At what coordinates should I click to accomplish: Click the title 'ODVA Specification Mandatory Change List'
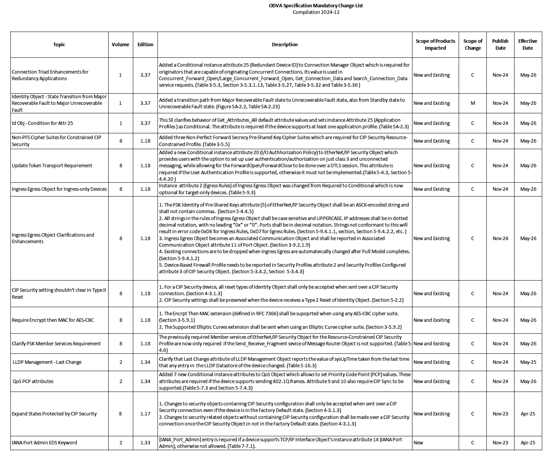[315, 6]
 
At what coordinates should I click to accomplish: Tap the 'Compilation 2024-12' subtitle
[316, 12]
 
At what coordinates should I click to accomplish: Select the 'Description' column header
[285, 45]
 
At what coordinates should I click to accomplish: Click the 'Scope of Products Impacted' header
[435, 45]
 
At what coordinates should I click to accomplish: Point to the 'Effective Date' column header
[528, 45]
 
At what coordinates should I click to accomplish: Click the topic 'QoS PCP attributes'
[33, 382]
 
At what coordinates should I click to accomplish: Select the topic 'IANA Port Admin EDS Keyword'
[44, 443]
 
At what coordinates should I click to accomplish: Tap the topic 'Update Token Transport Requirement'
[52, 166]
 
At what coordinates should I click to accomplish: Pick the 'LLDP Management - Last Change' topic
[47, 362]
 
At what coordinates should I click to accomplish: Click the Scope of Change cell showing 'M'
[473, 103]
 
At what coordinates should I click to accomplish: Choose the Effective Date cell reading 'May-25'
[528, 362]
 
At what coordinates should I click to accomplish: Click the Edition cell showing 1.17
[145, 414]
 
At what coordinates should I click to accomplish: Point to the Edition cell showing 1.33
[145, 443]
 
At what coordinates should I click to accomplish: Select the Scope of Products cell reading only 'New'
[418, 443]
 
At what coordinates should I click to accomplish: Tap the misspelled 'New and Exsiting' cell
[432, 320]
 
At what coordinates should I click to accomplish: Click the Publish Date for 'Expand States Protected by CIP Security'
[500, 414]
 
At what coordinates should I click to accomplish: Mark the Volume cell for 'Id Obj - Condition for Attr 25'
[121, 123]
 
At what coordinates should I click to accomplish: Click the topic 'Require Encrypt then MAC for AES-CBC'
[53, 320]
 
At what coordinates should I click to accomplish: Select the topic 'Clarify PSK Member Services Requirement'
[56, 344]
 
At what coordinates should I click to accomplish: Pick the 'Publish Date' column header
[500, 45]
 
